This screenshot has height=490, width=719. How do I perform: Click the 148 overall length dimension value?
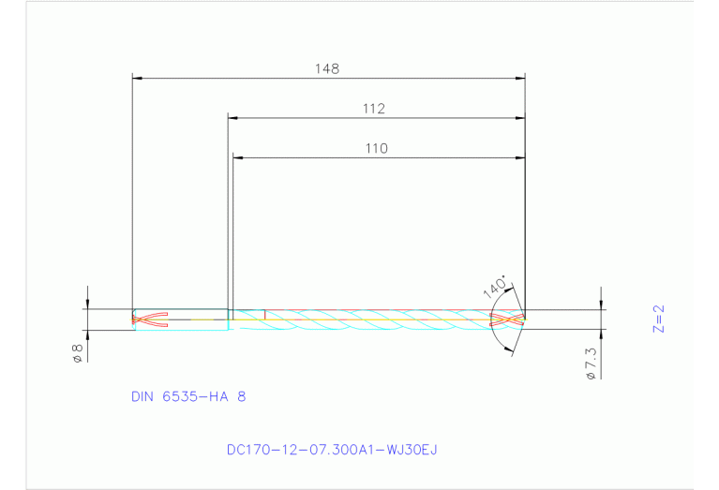(x=328, y=68)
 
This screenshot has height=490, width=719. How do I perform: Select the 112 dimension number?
(x=374, y=109)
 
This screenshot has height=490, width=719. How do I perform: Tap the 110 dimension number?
(x=376, y=148)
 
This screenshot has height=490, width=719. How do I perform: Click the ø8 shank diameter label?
(x=78, y=352)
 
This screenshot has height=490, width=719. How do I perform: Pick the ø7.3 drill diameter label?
(x=591, y=363)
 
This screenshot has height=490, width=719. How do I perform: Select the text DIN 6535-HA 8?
(x=188, y=396)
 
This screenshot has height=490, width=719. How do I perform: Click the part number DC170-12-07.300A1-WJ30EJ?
(x=332, y=450)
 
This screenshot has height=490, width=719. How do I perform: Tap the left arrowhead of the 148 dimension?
(x=138, y=78)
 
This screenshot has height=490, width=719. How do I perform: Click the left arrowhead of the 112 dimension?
(x=234, y=118)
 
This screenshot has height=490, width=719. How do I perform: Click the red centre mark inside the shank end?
(x=150, y=319)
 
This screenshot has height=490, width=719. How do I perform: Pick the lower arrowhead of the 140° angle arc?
(x=511, y=350)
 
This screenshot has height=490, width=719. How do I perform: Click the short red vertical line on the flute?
(x=265, y=315)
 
